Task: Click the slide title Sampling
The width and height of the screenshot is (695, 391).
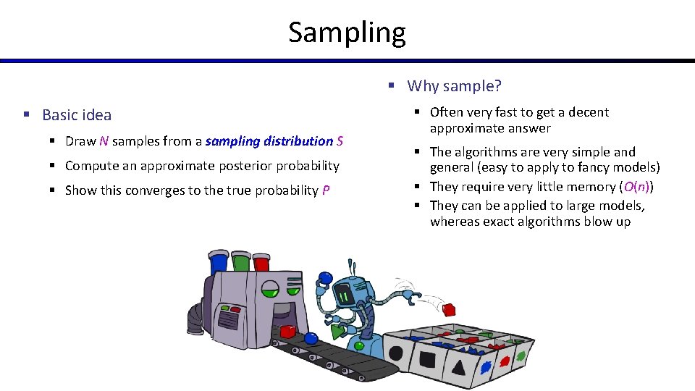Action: (x=347, y=33)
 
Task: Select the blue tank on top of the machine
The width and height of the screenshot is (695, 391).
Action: (x=218, y=263)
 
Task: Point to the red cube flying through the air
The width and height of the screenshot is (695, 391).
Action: (x=449, y=310)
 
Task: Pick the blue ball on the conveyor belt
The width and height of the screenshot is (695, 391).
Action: (x=311, y=338)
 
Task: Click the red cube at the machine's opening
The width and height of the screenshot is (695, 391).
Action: (x=287, y=332)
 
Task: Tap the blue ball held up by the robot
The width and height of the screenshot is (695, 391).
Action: (x=325, y=278)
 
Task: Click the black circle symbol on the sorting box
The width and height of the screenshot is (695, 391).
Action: (x=396, y=355)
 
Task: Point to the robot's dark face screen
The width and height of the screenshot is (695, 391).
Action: (x=344, y=295)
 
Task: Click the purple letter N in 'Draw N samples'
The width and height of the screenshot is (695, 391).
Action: (x=104, y=141)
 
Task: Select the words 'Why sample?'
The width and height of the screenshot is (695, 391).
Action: (x=454, y=86)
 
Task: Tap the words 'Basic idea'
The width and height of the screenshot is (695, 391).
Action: (x=77, y=114)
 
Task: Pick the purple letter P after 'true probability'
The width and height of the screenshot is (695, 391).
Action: (x=326, y=190)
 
